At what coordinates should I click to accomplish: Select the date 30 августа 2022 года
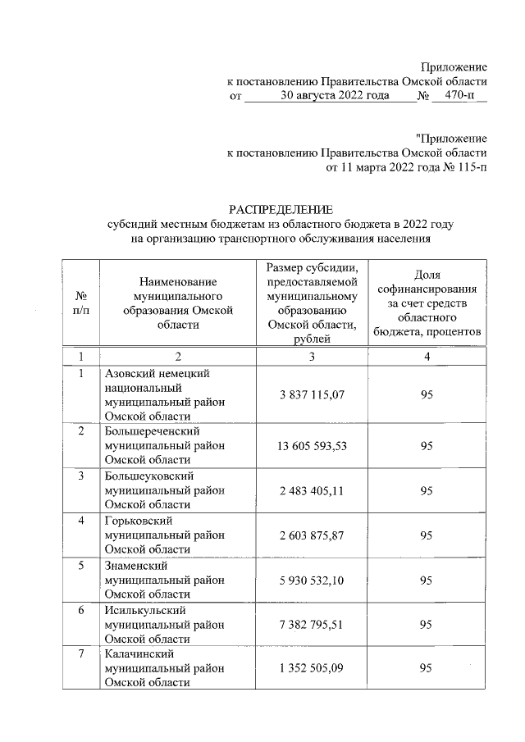click(x=331, y=96)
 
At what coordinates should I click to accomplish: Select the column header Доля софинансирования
click(x=426, y=303)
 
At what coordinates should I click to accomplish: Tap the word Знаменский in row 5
click(x=136, y=565)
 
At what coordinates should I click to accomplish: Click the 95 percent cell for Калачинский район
click(x=426, y=668)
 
